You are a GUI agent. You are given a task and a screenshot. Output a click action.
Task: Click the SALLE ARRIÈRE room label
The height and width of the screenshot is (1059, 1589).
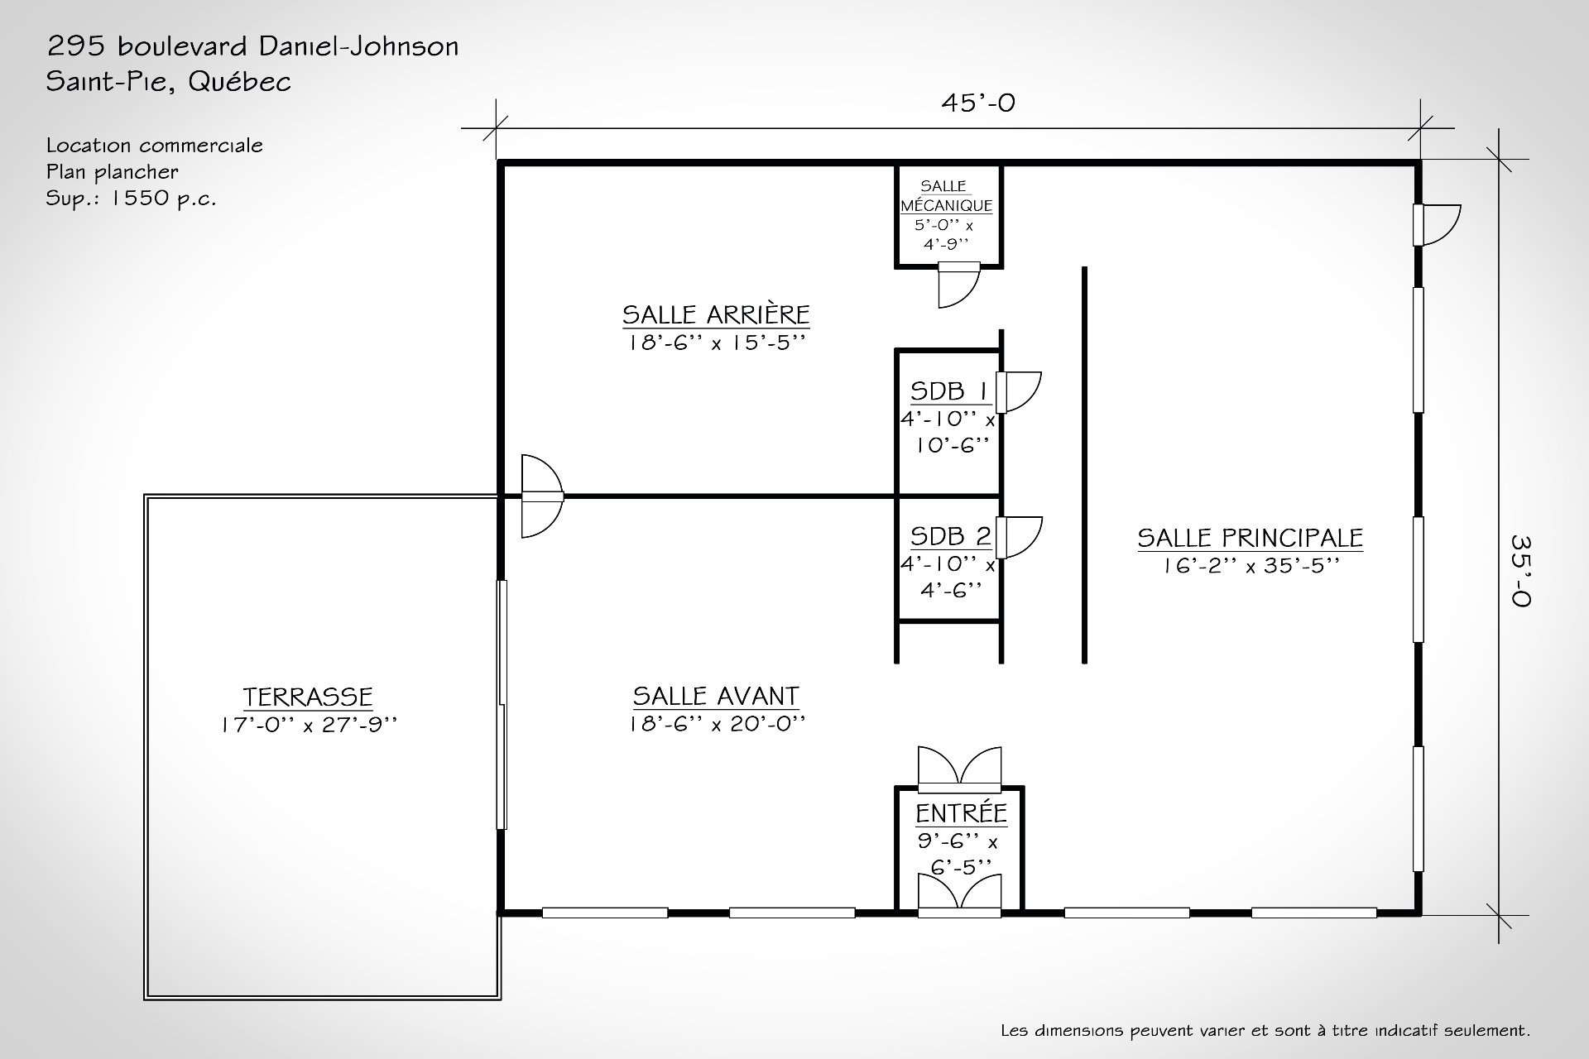[x=716, y=315]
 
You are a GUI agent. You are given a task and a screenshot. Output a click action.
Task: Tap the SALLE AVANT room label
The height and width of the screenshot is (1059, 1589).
[x=716, y=697]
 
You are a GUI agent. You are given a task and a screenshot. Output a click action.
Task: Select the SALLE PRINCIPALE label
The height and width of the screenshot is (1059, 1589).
[x=1250, y=539]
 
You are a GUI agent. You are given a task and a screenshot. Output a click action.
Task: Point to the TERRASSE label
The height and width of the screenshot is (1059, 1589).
[x=308, y=697]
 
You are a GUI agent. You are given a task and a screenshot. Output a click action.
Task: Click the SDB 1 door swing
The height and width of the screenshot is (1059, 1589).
[x=1018, y=392]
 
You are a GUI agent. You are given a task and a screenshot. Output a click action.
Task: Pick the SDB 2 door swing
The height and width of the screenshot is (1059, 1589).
[x=1018, y=537]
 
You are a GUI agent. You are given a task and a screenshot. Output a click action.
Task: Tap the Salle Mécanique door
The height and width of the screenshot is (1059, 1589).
[x=958, y=285]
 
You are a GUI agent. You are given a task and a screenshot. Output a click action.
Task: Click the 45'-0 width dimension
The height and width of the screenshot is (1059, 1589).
[x=977, y=103]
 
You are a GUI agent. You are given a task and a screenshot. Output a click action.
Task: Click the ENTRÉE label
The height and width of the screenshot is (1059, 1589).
[x=961, y=813]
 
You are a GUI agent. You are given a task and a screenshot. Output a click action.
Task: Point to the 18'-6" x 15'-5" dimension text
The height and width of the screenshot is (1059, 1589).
[x=716, y=343]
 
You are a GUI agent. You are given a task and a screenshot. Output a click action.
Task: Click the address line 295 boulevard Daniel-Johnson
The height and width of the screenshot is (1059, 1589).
[x=252, y=46]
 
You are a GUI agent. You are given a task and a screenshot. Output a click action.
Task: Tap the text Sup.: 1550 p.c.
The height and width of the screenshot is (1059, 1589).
[x=131, y=199]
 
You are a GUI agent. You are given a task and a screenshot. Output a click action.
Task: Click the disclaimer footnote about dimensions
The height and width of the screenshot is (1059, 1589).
[x=1265, y=1031]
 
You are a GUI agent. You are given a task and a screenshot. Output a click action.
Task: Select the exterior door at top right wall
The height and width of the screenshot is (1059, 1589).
[x=1437, y=225]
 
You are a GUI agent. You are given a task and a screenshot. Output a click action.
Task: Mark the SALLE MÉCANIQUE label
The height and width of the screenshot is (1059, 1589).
[x=947, y=196]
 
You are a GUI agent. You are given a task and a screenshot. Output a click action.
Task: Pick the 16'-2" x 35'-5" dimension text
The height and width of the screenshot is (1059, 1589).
[x=1250, y=566]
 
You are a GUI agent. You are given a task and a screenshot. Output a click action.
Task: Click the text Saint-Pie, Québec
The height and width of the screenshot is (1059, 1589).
[x=169, y=82]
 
